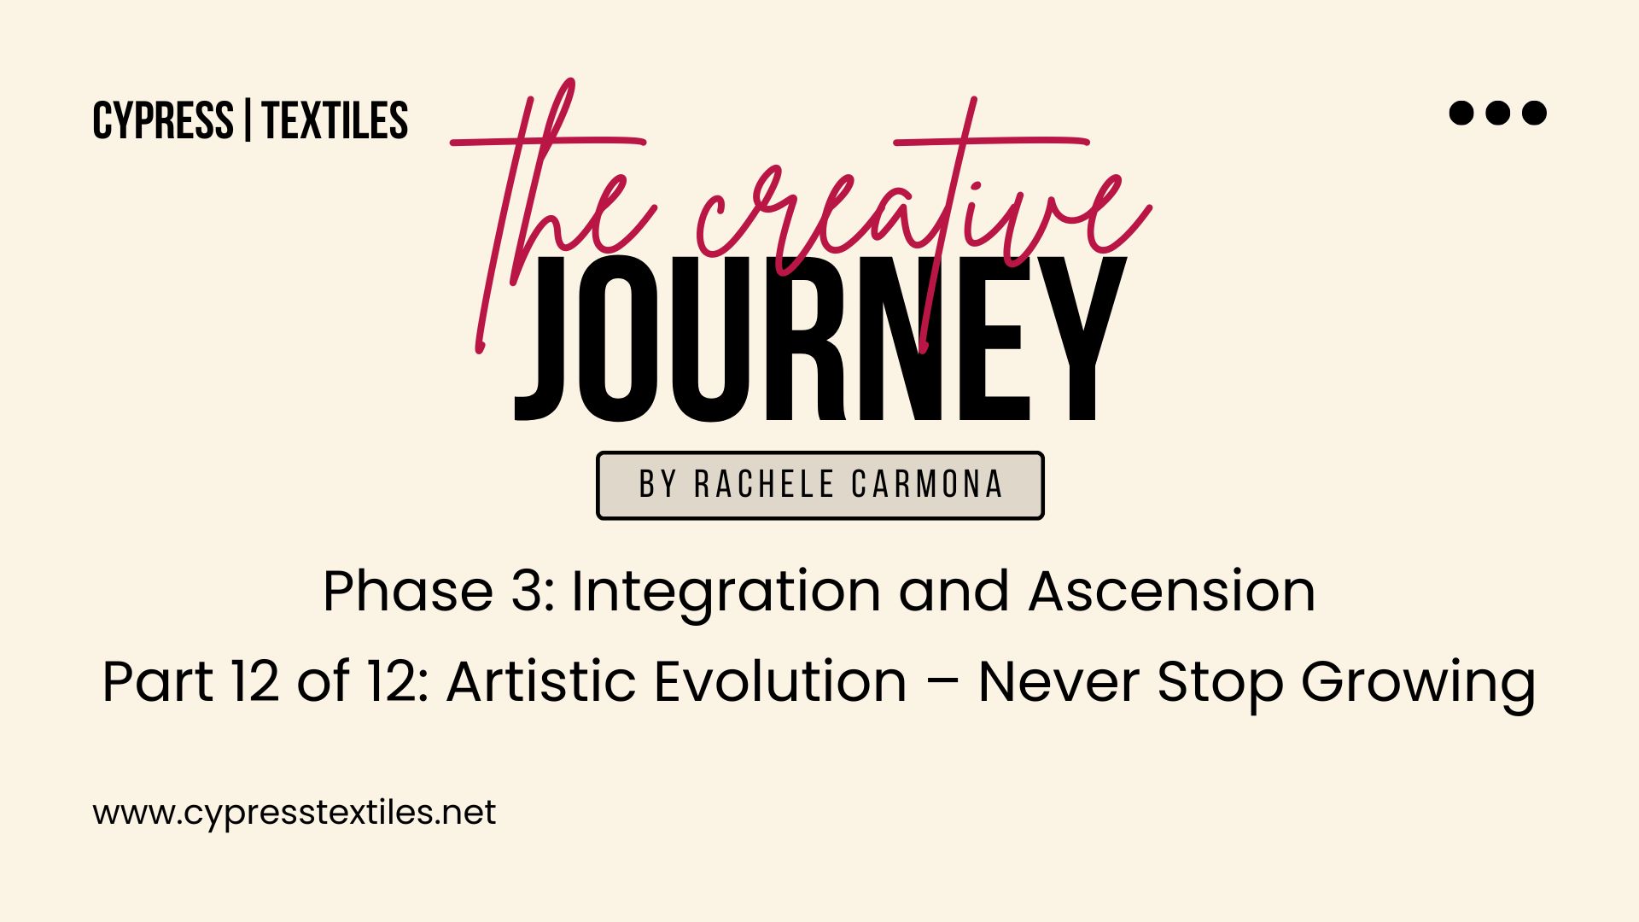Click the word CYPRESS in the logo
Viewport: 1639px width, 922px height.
click(x=163, y=120)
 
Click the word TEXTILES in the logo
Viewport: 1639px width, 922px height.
click(x=335, y=120)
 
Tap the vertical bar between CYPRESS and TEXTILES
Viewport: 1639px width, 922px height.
click(x=248, y=120)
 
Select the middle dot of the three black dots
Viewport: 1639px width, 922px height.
click(x=1498, y=113)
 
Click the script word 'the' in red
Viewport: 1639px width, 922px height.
click(x=555, y=213)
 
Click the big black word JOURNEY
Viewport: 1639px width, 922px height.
click(x=820, y=339)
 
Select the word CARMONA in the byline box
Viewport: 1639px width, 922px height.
click(x=927, y=485)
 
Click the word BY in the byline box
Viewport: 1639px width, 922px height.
click(x=658, y=485)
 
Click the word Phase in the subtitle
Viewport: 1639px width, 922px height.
click(x=408, y=591)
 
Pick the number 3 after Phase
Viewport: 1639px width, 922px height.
click(x=527, y=591)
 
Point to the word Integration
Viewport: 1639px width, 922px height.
click(x=726, y=593)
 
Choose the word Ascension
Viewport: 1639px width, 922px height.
click(x=1172, y=591)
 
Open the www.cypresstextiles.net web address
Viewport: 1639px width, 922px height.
click(x=295, y=813)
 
